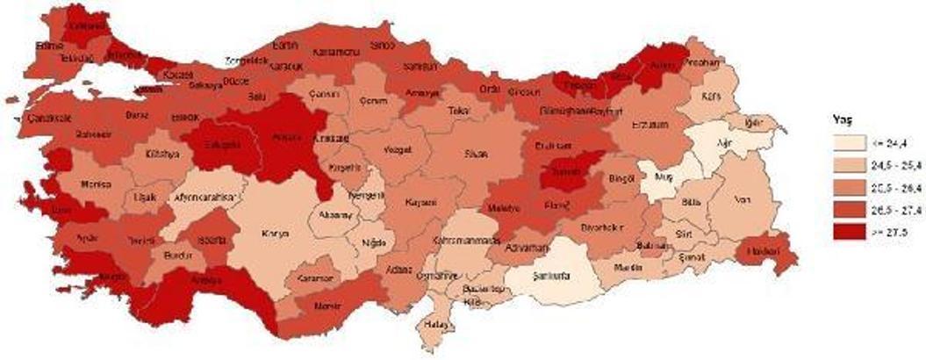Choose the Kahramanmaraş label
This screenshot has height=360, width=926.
(x=464, y=240)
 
